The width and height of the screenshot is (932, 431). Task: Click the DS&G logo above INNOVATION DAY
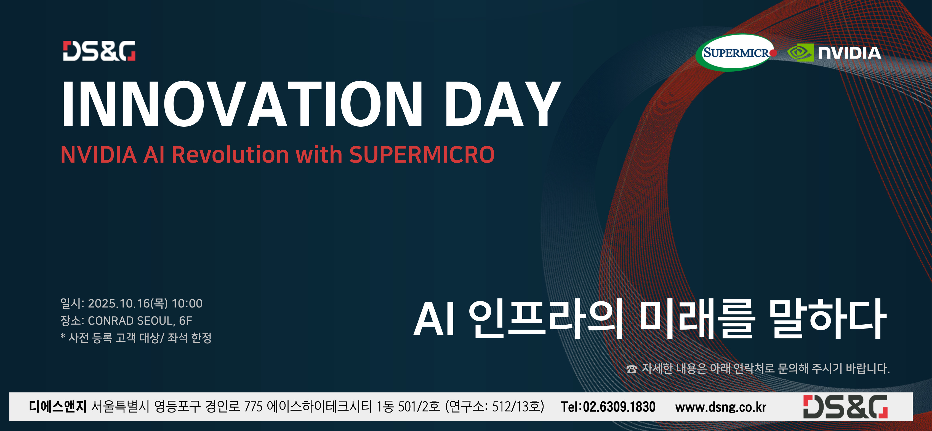pyautogui.click(x=99, y=51)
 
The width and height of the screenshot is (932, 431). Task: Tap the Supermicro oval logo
pyautogui.click(x=736, y=53)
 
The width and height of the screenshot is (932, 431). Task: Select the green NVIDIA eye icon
pyautogui.click(x=800, y=53)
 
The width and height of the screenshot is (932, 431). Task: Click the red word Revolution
pyautogui.click(x=230, y=155)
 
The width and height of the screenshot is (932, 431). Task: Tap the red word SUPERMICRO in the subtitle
pyautogui.click(x=422, y=155)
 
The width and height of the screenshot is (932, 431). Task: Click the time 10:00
pyautogui.click(x=187, y=303)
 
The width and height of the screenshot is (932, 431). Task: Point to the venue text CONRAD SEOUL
pyautogui.click(x=131, y=320)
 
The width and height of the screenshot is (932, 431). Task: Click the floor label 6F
pyautogui.click(x=186, y=320)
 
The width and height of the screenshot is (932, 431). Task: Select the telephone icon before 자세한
pyautogui.click(x=632, y=369)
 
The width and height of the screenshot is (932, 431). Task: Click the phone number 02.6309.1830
pyautogui.click(x=619, y=407)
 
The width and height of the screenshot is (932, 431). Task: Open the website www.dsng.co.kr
pyautogui.click(x=721, y=407)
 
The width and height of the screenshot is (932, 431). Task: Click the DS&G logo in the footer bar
pyautogui.click(x=845, y=407)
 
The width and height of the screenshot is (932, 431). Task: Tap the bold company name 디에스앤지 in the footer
pyautogui.click(x=58, y=406)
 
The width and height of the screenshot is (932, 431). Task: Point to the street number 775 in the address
pyautogui.click(x=253, y=407)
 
